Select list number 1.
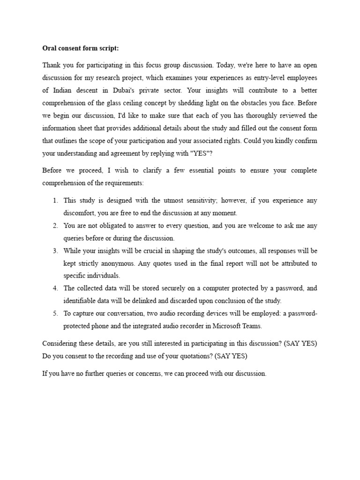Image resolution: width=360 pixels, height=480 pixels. [x=55, y=201]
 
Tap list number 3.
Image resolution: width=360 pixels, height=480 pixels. [x=55, y=251]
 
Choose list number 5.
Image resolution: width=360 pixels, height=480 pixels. [x=55, y=314]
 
